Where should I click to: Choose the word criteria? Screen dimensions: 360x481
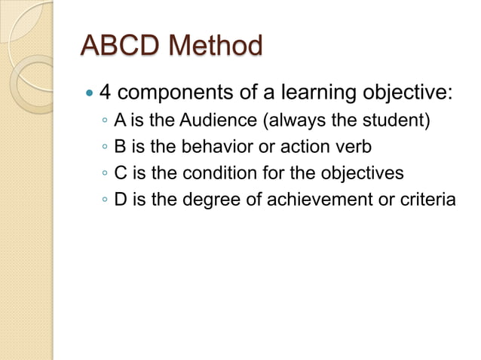tap(428, 200)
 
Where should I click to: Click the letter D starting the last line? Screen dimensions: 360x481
tap(120, 200)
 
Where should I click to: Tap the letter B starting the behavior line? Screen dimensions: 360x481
tap(119, 146)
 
